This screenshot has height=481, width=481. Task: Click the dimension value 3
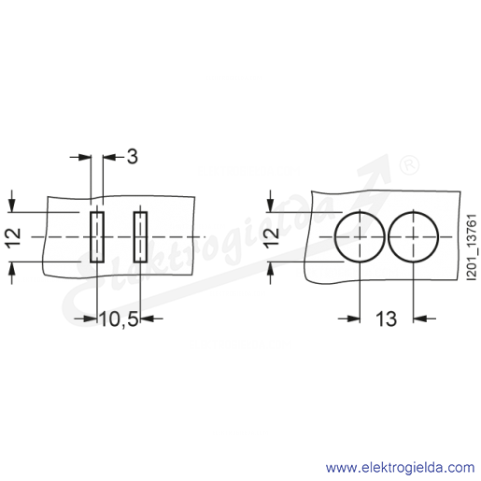point(133,156)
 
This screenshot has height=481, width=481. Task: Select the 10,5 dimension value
point(119,318)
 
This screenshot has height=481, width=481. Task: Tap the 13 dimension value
point(387,318)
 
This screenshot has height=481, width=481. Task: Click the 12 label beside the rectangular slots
point(14,238)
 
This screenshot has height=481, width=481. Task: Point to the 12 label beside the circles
point(273,238)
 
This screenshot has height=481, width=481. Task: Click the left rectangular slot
point(97,237)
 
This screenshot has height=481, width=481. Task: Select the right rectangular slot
point(140,237)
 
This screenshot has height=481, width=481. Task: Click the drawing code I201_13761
point(472,248)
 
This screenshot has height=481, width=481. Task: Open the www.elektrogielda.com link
point(400,468)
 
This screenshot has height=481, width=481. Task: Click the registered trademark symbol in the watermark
point(409,165)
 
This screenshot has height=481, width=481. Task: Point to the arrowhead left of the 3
point(109,157)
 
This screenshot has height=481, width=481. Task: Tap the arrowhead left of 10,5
point(91,318)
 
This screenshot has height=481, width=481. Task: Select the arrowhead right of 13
point(419,318)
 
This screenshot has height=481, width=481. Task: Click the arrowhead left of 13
point(354,318)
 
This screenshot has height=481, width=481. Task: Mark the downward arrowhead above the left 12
point(12,205)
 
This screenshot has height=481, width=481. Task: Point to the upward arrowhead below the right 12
point(271,268)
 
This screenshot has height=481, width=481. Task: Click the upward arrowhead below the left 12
point(12,268)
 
